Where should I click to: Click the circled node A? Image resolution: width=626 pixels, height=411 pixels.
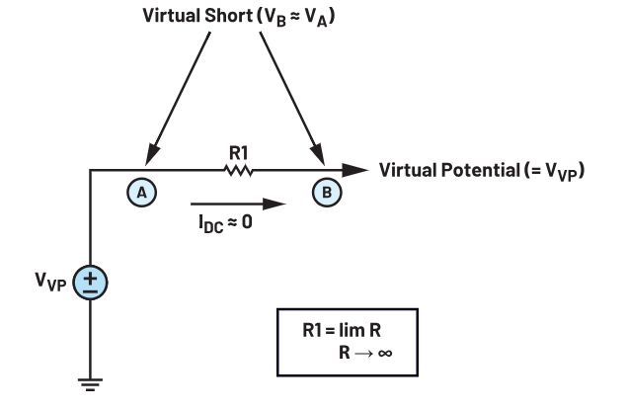coord(142,193)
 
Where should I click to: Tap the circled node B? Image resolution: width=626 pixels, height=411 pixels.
coord(327,193)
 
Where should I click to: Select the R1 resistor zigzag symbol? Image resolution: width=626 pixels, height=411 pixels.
coord(238,170)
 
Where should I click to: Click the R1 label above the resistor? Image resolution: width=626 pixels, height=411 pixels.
coord(238,152)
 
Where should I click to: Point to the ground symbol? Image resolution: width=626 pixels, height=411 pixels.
coord(90,384)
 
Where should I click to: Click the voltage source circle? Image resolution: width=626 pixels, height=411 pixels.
coord(90,283)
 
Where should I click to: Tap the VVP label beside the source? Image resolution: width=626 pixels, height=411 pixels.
coord(50,282)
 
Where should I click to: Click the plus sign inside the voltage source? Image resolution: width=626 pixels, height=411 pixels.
coord(91,278)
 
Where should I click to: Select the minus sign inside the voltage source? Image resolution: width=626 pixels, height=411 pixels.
coord(91,291)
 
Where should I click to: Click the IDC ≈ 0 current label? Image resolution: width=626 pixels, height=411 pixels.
coord(225,223)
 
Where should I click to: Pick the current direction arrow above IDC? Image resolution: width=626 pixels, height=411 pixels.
coord(238,205)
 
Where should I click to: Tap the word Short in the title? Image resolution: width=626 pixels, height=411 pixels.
coord(228,16)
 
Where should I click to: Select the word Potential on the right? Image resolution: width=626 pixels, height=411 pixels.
coord(480,170)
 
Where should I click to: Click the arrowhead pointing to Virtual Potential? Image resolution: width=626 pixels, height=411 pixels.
coord(354,170)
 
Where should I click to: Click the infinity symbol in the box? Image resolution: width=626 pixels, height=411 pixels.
coord(385,353)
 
